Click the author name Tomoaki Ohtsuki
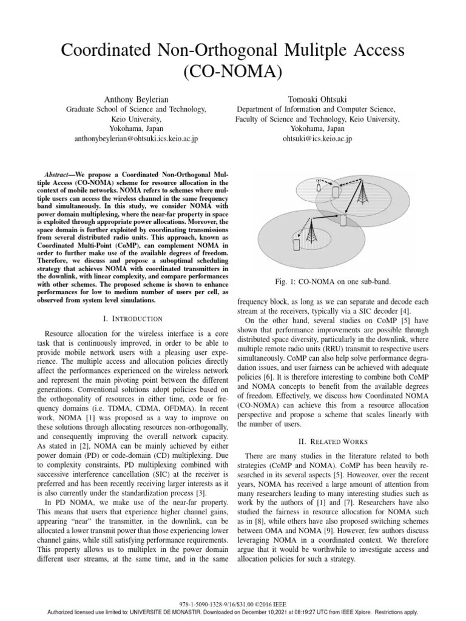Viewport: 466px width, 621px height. click(x=317, y=99)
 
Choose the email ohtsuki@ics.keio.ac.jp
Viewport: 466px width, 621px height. click(x=317, y=138)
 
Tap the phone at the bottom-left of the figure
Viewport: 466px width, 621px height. click(x=296, y=244)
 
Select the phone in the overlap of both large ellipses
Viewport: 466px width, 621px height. click(x=343, y=220)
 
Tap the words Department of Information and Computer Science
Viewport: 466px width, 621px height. click(x=317, y=109)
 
